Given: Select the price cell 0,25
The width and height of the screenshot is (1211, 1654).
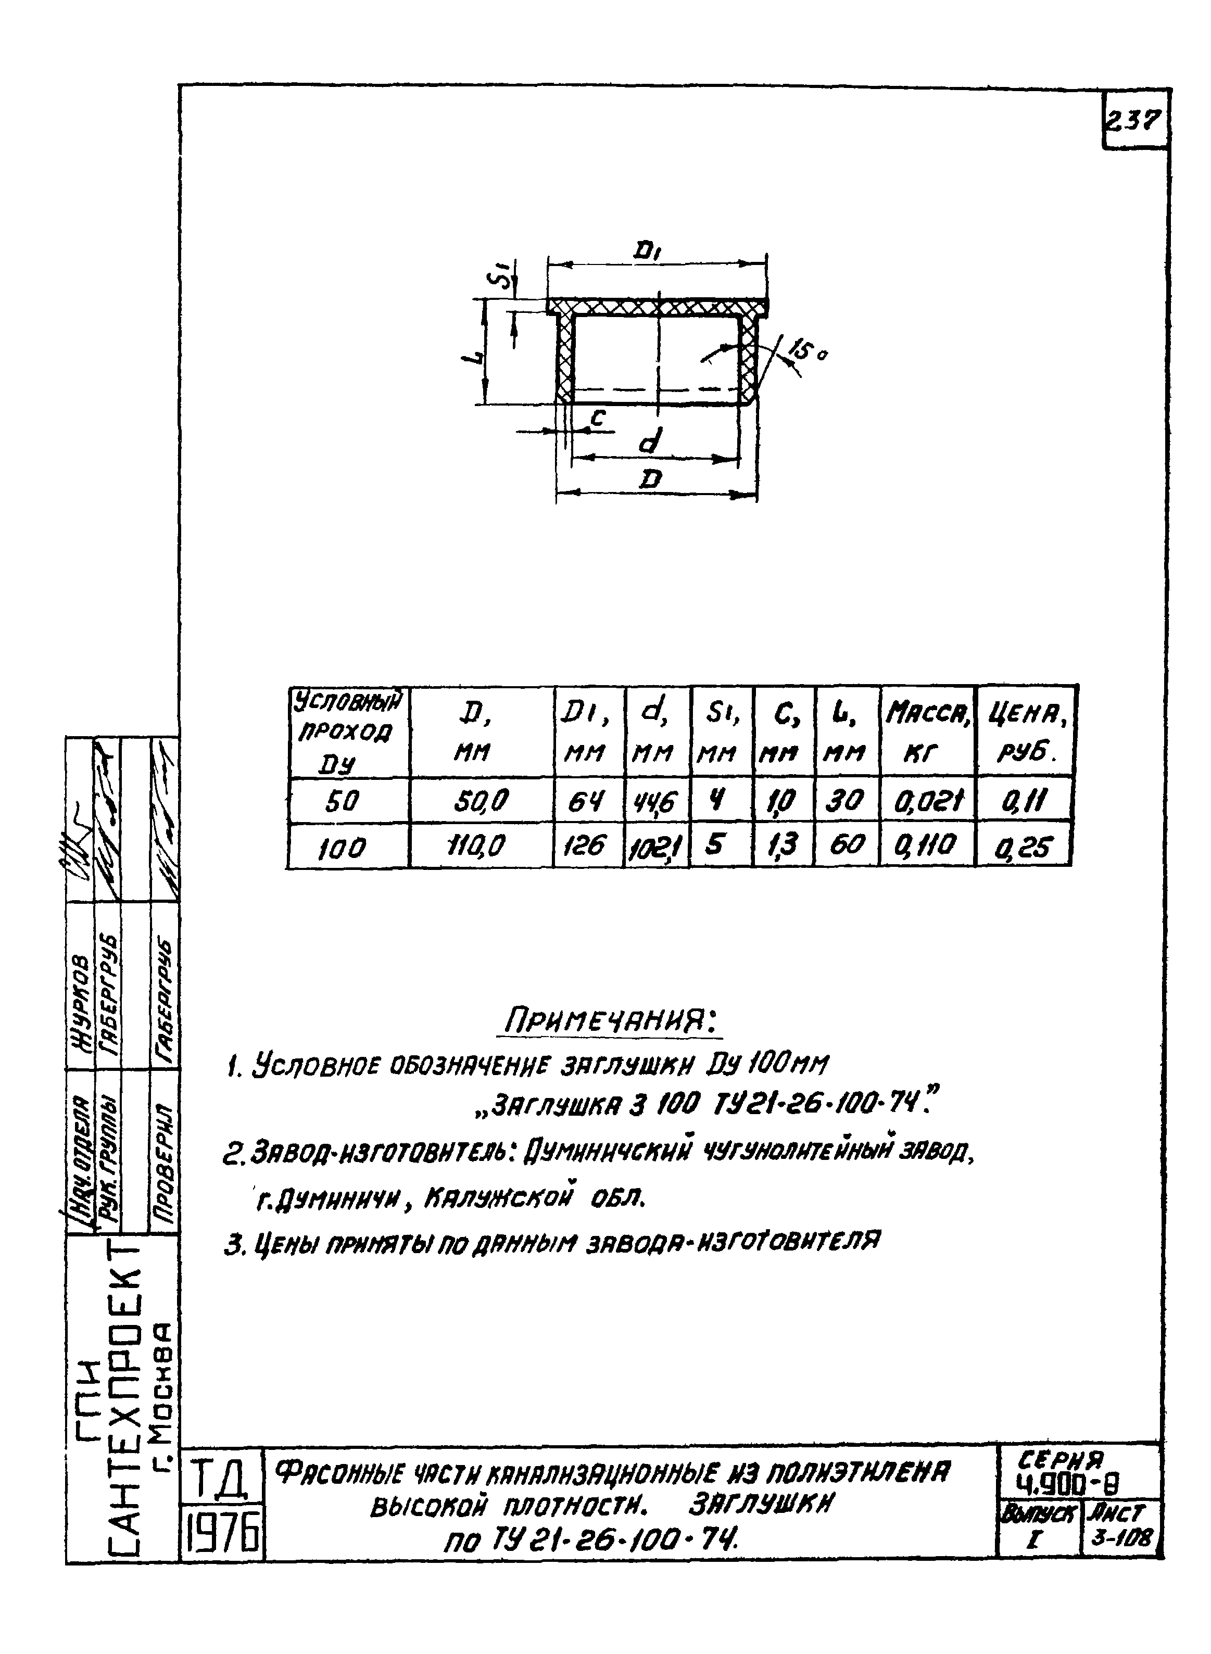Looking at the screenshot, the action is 1024,847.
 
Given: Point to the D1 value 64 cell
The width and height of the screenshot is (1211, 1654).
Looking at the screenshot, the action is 587,801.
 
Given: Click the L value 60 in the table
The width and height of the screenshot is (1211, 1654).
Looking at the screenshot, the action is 847,845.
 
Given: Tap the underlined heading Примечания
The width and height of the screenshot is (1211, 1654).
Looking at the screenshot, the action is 609,1020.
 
